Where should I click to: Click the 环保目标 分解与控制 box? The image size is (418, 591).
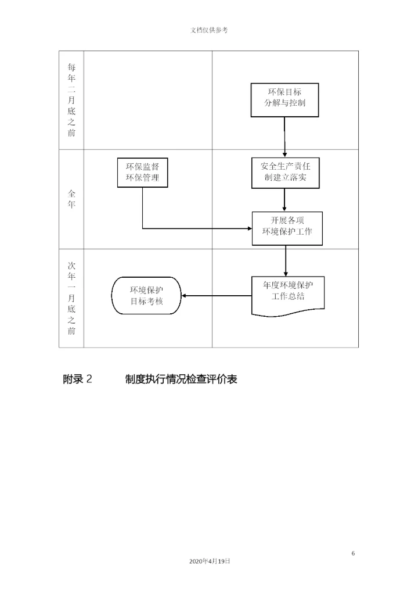coord(284,99)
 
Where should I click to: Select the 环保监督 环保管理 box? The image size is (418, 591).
coord(142,172)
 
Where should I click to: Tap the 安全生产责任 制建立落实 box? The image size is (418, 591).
coord(285,172)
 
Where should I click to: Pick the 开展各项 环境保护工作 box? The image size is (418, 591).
coord(287,228)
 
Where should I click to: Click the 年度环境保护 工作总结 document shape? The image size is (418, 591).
coord(287,294)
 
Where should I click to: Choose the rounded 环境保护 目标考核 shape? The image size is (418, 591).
coord(146,295)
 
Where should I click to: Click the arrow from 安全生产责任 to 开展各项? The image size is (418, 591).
coord(285,199)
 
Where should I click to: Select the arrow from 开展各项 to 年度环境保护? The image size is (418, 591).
coord(286,260)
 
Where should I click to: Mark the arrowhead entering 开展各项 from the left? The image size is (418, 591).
coord(248,228)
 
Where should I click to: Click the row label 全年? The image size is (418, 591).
coord(71,199)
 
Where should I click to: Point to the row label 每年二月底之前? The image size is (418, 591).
coord(71,100)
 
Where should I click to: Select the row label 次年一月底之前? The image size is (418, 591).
coord(71,298)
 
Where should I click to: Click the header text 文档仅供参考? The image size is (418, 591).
coord(209,30)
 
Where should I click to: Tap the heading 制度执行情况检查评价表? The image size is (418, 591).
coord(181,379)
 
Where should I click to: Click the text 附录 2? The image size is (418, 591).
coord(77,379)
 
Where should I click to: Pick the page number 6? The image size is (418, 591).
coord(353,553)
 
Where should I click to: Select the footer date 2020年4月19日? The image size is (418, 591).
coord(209,561)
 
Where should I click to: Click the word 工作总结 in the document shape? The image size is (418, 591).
coord(288,296)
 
